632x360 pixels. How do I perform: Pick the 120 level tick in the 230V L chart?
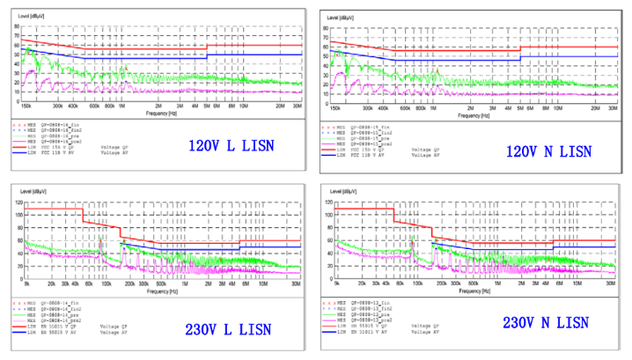(18, 202)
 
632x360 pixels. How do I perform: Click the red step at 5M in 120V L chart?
(207, 48)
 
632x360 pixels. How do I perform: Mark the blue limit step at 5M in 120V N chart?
(520, 60)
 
